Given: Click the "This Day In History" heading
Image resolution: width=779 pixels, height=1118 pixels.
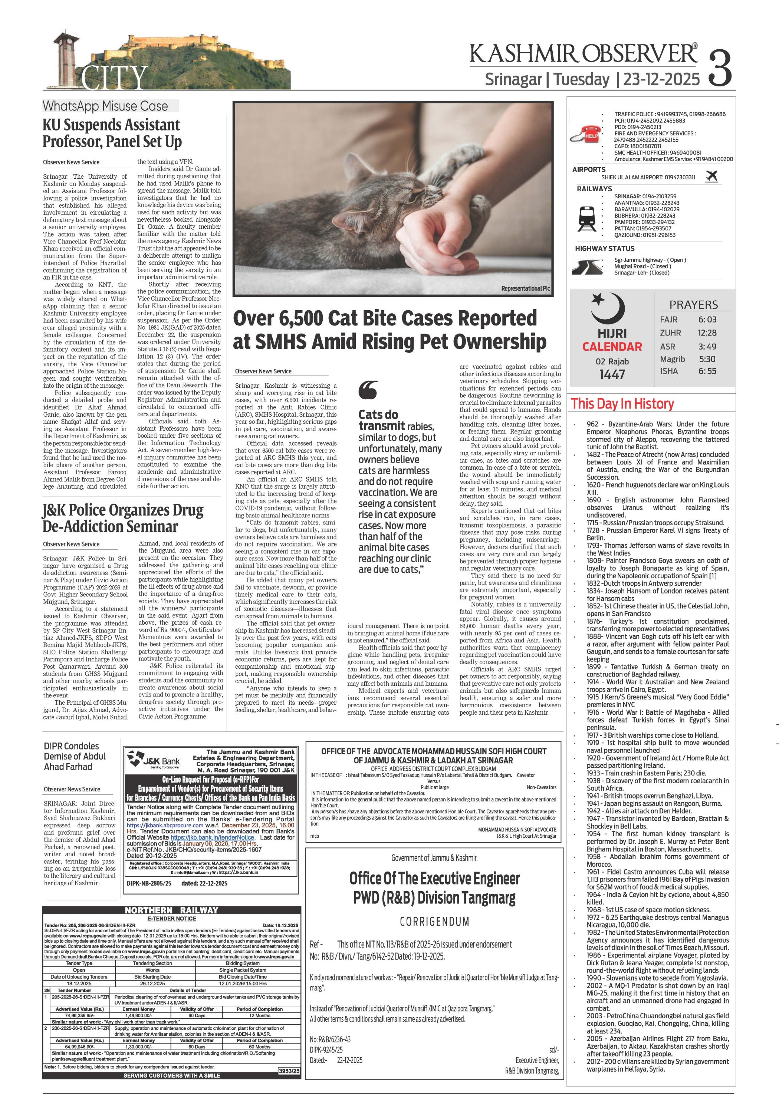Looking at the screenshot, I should (x=622, y=404).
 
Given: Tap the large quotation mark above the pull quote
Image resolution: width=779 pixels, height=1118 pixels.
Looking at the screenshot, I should (x=368, y=390).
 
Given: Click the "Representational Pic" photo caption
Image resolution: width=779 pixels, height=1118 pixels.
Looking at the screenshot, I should (x=525, y=289).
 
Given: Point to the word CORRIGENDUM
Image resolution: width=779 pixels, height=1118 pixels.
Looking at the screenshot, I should (x=434, y=921).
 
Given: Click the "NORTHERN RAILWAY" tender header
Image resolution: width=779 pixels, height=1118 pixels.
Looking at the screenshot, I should (x=171, y=910).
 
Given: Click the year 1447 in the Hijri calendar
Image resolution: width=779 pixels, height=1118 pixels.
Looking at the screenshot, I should (x=612, y=374).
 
